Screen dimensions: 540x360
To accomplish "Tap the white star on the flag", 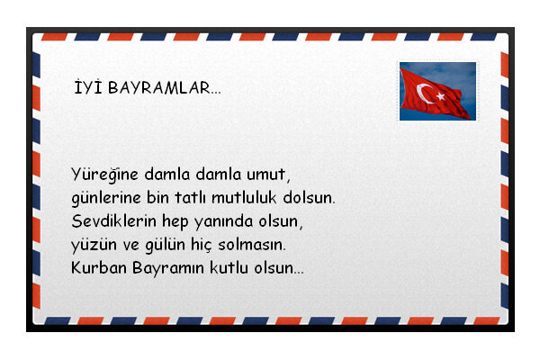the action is [440, 96].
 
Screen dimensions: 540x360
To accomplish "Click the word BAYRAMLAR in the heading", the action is [165, 88].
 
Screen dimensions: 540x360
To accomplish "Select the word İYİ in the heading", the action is [88, 86].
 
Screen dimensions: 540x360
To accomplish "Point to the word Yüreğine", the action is [104, 175].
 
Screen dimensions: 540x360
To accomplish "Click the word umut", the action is [268, 175].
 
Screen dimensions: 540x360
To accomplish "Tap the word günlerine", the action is [106, 198].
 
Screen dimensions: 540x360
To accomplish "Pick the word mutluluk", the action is [244, 198].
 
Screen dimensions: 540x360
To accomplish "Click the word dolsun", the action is [309, 198].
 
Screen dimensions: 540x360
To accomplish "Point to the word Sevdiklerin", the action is [113, 221].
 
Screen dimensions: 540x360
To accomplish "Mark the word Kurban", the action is [99, 267].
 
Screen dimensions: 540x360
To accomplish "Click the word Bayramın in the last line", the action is [168, 268].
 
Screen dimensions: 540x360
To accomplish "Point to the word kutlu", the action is [229, 267].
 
